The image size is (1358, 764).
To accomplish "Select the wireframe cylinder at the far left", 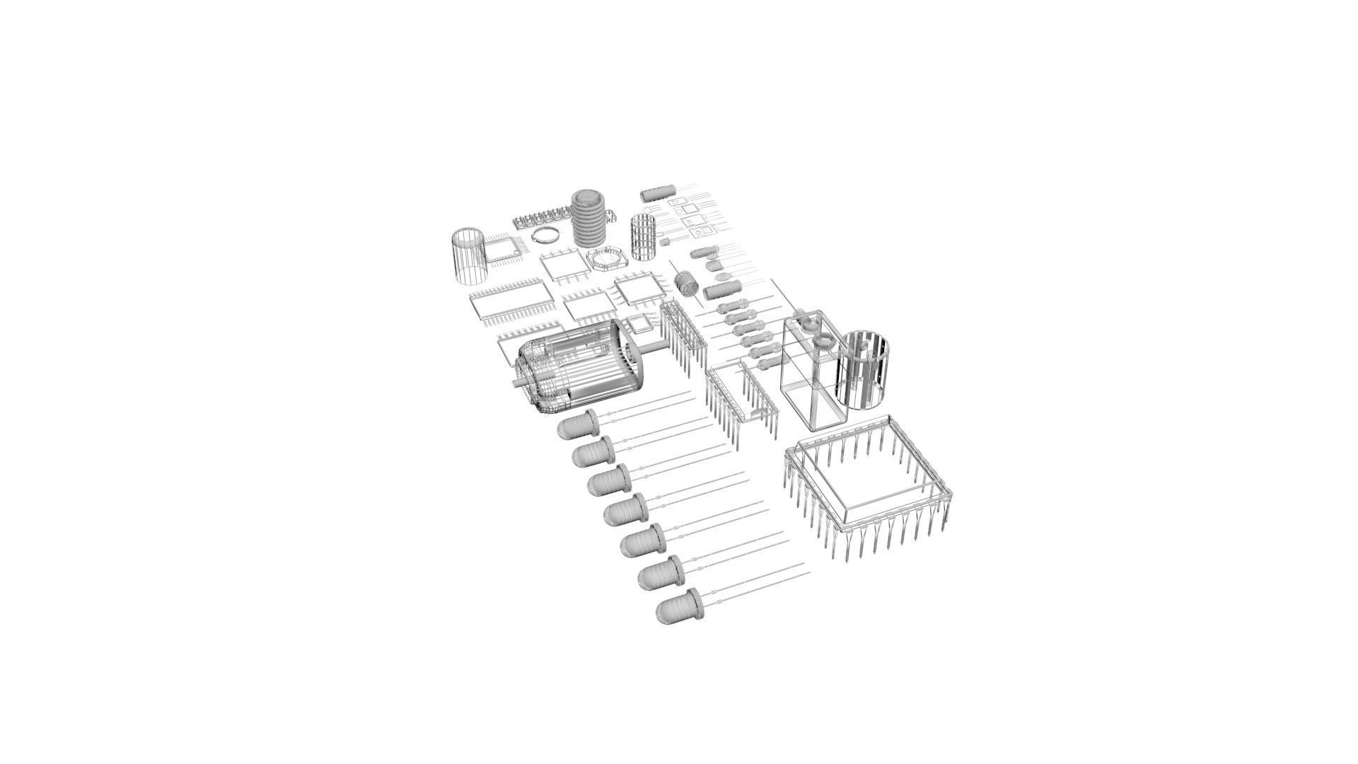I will tap(469, 257).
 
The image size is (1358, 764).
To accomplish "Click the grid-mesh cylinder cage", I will tap(644, 236).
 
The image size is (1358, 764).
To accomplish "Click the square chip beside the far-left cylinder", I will tap(504, 249).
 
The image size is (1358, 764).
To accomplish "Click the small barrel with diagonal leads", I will tap(686, 284).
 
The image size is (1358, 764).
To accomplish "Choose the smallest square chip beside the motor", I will tap(639, 325).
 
